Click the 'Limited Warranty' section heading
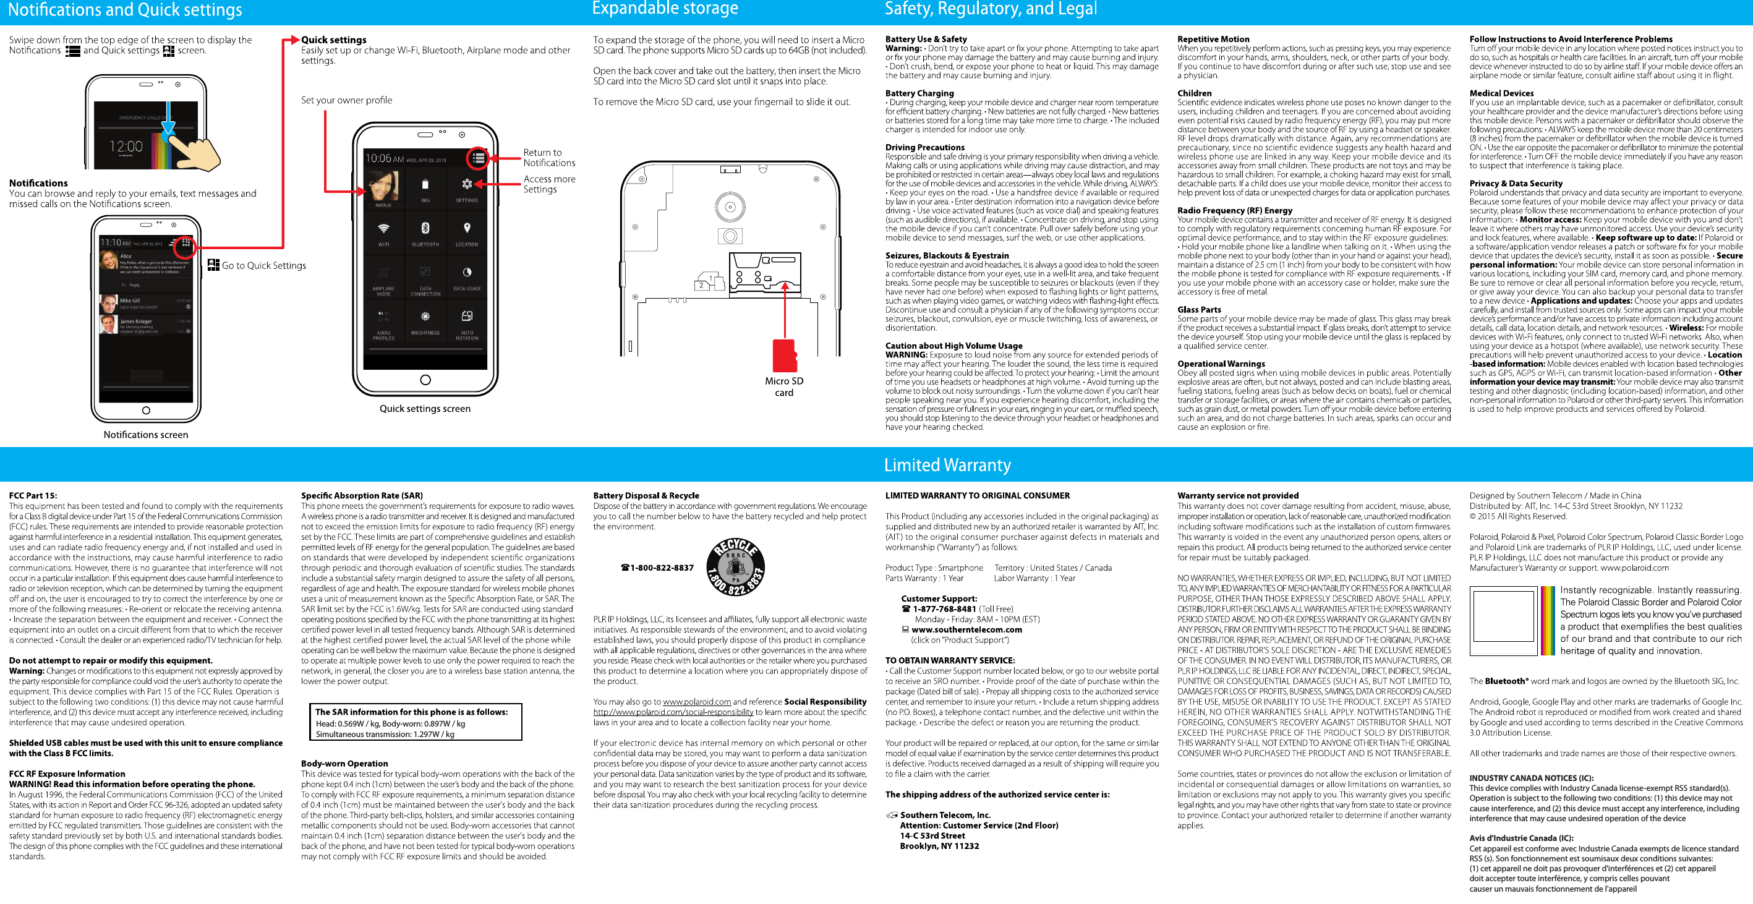[x=947, y=465]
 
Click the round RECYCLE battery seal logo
[x=735, y=568]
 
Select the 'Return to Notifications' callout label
[x=548, y=157]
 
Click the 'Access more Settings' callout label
[x=548, y=184]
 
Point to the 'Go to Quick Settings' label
[x=263, y=265]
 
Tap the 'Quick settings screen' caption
[x=425, y=409]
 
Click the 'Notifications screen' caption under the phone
[x=146, y=434]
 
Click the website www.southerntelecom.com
[x=966, y=629]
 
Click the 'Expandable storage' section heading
[x=664, y=9]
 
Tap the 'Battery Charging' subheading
[x=919, y=93]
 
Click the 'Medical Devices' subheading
[x=1501, y=93]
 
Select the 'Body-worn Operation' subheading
[x=344, y=763]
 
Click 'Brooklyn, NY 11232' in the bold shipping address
[x=939, y=845]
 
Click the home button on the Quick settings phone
[x=425, y=380]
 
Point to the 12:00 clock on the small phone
[x=127, y=147]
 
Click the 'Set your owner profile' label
[x=346, y=100]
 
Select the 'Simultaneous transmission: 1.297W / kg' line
[x=385, y=734]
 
